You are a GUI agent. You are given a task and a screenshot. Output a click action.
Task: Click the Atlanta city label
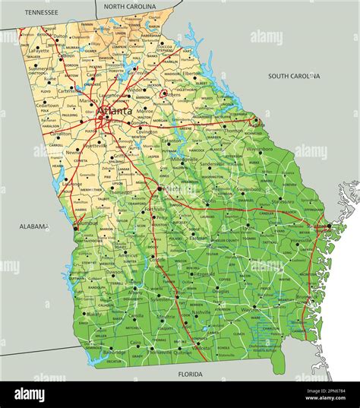click(x=110, y=111)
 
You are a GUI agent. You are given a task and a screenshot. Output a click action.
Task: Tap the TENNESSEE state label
click(x=41, y=12)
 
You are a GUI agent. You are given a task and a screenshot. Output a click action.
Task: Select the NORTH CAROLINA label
click(x=130, y=6)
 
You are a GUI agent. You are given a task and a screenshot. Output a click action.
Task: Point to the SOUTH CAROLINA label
click(x=294, y=76)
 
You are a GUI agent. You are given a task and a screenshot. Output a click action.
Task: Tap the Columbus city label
click(x=87, y=223)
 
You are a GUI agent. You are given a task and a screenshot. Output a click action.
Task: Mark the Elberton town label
click(x=192, y=73)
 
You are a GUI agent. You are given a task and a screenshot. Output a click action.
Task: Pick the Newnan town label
click(x=74, y=151)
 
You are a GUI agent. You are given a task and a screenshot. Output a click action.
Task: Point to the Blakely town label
click(x=94, y=313)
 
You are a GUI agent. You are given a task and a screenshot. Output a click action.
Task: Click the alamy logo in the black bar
click(x=30, y=394)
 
